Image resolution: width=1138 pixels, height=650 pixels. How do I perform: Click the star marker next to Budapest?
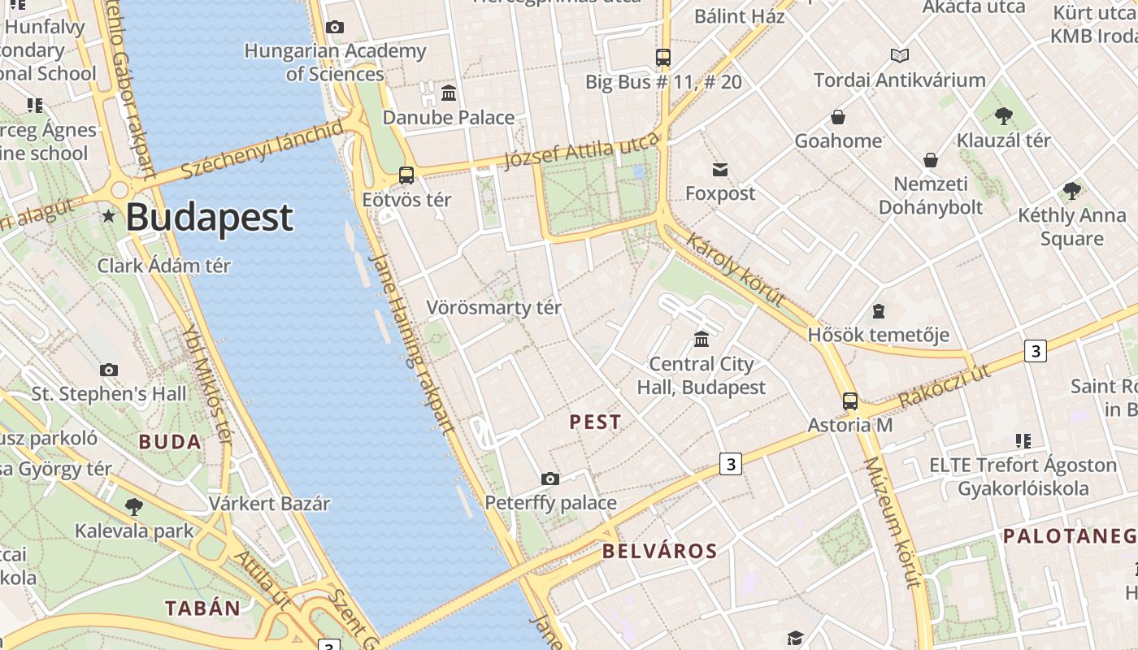pos(108,216)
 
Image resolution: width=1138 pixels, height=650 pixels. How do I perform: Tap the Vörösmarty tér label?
pos(493,308)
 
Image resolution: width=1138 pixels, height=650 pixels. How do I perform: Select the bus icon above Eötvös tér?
pos(406,175)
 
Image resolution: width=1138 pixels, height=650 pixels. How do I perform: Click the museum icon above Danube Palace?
pos(448,93)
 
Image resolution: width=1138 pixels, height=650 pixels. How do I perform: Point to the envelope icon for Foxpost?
pos(719,169)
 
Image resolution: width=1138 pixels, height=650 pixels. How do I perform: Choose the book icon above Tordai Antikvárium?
pos(899,55)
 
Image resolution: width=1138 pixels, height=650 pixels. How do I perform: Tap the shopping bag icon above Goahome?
pos(837,117)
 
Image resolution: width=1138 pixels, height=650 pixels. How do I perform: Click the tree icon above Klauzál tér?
pos(1004,115)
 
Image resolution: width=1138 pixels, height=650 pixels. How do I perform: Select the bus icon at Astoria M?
pos(849,401)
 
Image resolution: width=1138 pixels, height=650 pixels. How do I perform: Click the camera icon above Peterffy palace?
pos(550,479)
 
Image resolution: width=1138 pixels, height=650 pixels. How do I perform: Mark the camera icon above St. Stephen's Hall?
pos(109,370)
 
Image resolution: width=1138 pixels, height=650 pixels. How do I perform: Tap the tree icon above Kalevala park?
pos(134,507)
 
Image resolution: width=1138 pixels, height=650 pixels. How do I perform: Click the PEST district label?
pos(595,422)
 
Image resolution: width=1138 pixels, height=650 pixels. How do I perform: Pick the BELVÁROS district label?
pos(659,551)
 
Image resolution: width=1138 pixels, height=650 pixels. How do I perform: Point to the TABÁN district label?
pos(202,608)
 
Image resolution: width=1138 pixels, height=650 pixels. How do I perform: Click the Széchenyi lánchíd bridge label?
pos(263,149)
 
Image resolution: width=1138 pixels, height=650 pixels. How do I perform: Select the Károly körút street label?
pos(736,269)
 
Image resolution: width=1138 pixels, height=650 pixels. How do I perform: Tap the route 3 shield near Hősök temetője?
pos(1034,351)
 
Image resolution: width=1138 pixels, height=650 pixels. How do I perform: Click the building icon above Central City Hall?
pos(701,338)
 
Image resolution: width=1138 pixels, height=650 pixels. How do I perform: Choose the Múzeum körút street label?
pos(892,521)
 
